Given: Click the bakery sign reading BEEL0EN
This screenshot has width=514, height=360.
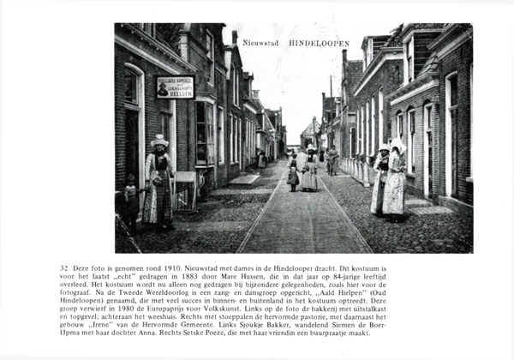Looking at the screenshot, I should click(175, 87).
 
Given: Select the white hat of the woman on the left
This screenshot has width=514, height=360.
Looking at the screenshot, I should click(158, 141).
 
